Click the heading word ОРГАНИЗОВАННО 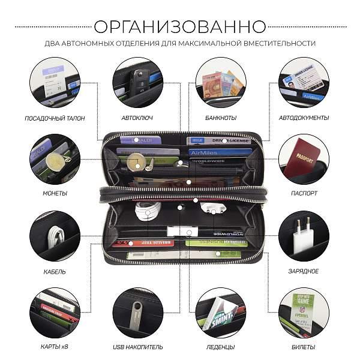(x=180, y=26)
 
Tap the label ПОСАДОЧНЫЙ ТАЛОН (x=54, y=118)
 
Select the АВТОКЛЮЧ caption (x=137, y=118)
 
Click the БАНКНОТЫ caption (x=220, y=118)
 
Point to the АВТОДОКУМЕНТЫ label (x=304, y=118)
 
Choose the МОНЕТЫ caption (x=55, y=194)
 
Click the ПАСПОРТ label (x=304, y=194)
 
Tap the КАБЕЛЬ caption (x=55, y=271)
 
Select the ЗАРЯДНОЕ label (x=304, y=271)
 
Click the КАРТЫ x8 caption (x=55, y=347)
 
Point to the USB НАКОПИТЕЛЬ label (x=137, y=347)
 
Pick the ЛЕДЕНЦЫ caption (x=220, y=347)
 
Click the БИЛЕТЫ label (x=304, y=347)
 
